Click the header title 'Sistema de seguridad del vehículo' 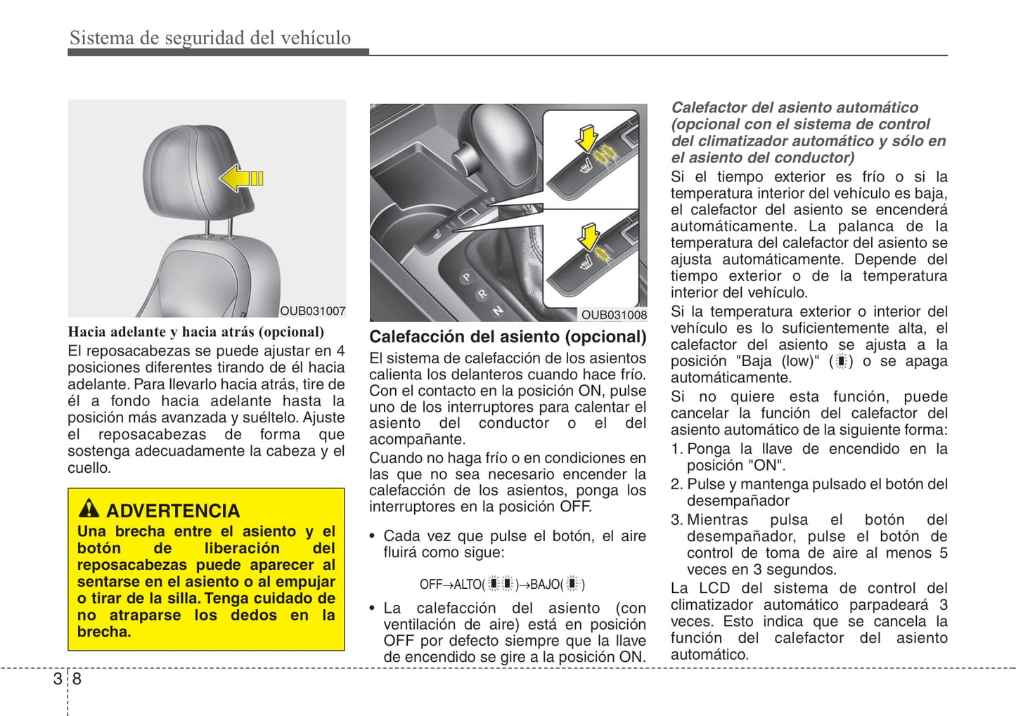pos(210,38)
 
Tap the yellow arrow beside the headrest pos(240,178)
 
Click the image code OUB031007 pos(312,311)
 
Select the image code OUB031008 pos(613,315)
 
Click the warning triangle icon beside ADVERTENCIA pos(89,508)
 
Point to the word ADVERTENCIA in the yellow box pos(173,511)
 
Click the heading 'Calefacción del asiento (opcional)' pos(508,337)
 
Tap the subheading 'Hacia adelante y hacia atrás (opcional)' pos(195,332)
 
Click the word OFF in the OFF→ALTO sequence pos(430,585)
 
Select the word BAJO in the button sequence pos(545,585)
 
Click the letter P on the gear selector pos(465,278)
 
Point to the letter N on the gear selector pos(497,310)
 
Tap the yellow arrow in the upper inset pos(586,138)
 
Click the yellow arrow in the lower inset pos(587,236)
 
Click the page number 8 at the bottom pos(77,679)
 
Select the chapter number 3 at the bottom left pos(58,679)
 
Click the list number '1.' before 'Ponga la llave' pos(676,449)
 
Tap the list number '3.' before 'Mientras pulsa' pos(676,520)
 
